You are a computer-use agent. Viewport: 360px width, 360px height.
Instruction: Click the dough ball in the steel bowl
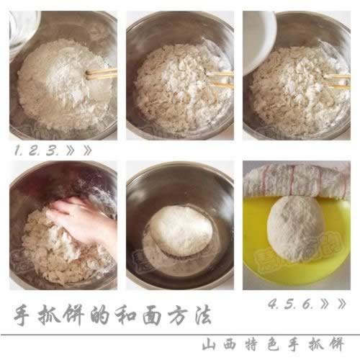click(x=180, y=230)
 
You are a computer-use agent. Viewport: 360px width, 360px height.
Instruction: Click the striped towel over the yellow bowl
click(x=297, y=180)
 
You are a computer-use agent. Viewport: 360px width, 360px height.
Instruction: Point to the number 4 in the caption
click(x=273, y=304)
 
